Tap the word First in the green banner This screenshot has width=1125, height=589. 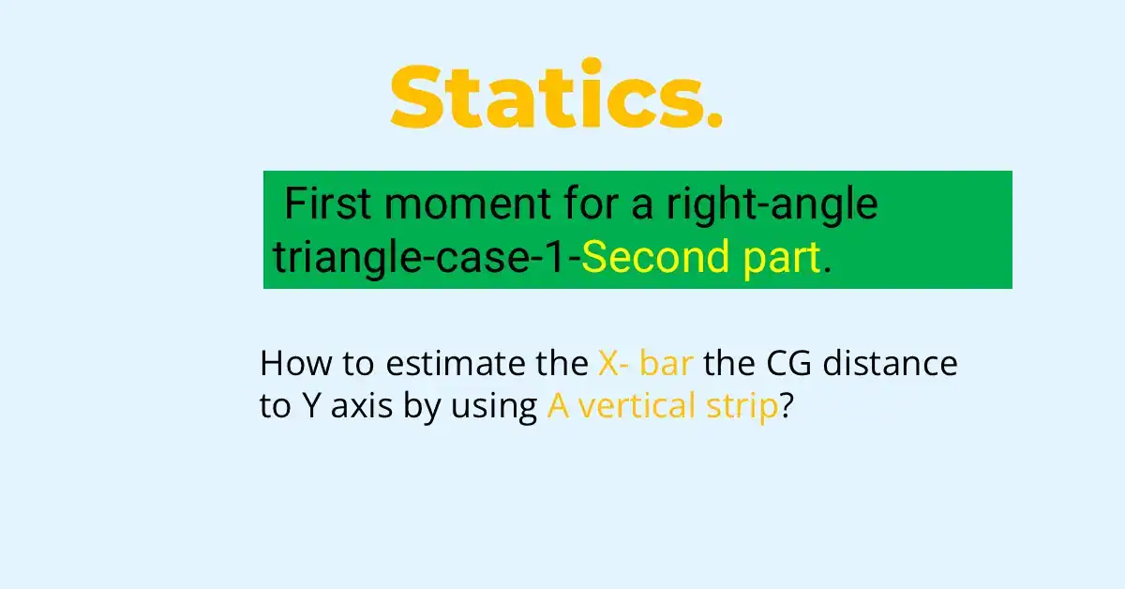328,204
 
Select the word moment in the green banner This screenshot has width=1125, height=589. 468,206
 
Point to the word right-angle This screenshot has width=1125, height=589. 772,206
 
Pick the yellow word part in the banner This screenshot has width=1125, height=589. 782,260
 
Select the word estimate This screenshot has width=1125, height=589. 455,363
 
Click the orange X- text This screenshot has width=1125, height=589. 613,363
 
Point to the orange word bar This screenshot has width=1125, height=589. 667,362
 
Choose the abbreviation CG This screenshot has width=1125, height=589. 788,363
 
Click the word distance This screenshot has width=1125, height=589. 890,362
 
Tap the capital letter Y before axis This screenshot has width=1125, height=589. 312,405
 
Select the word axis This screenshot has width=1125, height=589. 362,406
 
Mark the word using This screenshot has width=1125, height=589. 494,408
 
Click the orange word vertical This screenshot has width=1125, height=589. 637,405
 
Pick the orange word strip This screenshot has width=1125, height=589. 742,407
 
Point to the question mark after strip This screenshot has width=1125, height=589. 786,405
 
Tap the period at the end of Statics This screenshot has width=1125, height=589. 714,119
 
